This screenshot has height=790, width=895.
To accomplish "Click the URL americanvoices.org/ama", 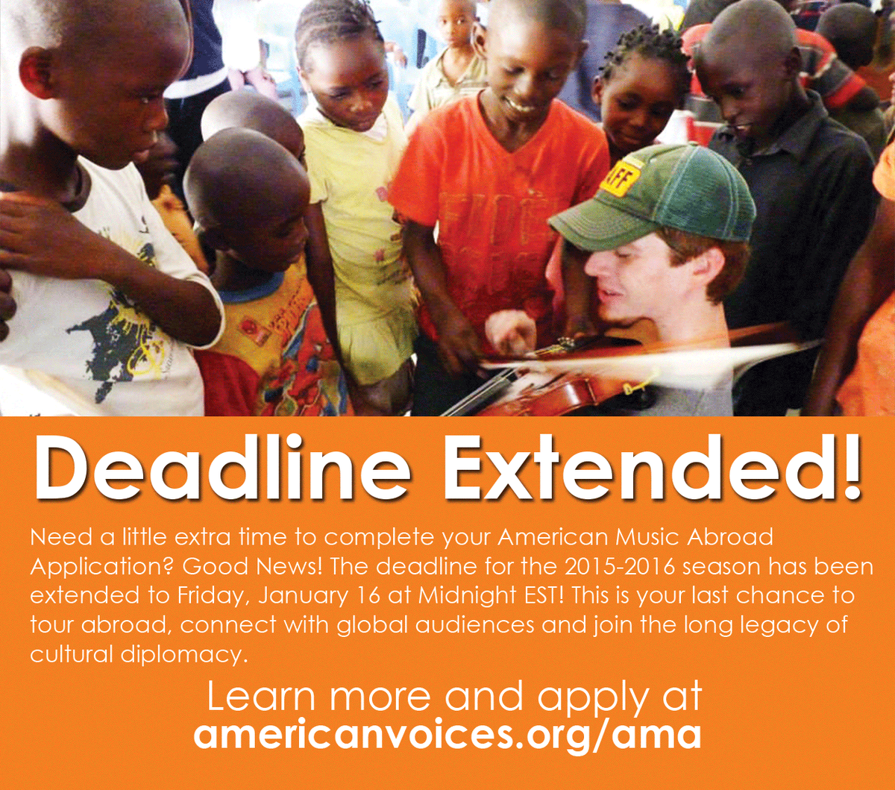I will click(447, 734).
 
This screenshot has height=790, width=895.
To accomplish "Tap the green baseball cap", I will click(656, 198).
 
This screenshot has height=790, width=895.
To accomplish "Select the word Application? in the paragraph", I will click(100, 567).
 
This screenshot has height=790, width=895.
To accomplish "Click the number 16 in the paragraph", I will click(339, 596).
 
